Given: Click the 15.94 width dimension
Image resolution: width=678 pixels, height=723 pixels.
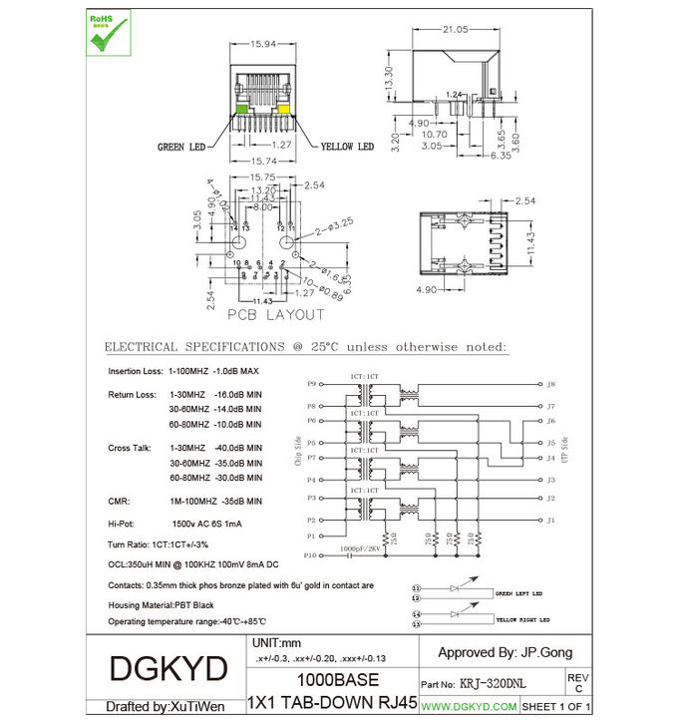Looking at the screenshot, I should tap(261, 45).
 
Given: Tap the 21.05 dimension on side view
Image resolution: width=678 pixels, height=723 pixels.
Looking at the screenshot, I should tap(458, 30).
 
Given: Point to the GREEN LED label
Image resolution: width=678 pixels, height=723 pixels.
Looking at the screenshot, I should tap(180, 147).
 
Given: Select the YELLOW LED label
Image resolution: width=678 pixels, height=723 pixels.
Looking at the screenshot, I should tap(347, 147).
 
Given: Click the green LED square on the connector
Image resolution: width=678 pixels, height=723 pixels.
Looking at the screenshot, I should tap(240, 108).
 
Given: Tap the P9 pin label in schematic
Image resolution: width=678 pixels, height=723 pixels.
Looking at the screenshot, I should tap(311, 383).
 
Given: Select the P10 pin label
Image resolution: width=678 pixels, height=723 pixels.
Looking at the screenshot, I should tap(309, 555).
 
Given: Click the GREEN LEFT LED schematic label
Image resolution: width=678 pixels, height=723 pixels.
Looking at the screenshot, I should tap(519, 592).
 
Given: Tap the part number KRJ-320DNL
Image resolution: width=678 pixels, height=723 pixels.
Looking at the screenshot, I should tap(494, 685).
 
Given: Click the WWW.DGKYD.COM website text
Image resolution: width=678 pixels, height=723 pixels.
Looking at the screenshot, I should tap(469, 706).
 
